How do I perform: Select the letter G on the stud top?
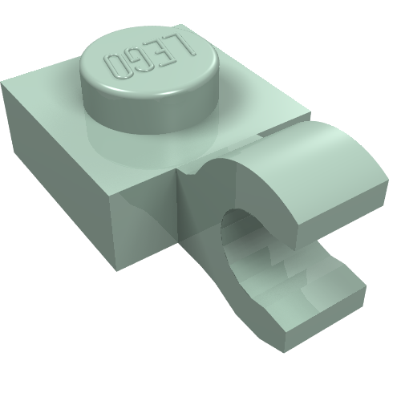(x=141, y=61)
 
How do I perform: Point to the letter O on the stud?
(x=117, y=67)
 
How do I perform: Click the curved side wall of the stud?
(x=150, y=112)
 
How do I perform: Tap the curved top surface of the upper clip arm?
(x=307, y=160)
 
